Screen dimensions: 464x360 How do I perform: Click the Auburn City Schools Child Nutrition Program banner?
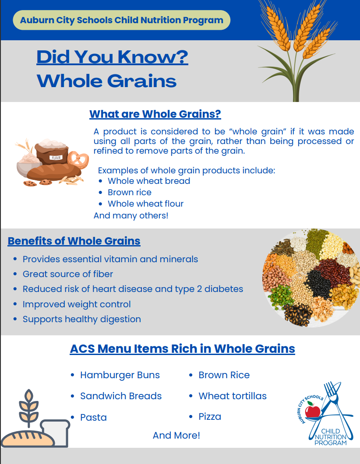tap(121, 20)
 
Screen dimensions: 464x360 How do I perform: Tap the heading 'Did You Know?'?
tap(112, 57)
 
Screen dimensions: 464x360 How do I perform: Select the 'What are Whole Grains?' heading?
tap(155, 114)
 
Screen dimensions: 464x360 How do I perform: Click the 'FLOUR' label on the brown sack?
tap(56, 158)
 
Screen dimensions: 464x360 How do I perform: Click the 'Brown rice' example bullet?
tap(130, 192)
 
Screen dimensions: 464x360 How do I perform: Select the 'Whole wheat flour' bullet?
tap(145, 204)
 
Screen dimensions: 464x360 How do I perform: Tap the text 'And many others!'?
tap(131, 215)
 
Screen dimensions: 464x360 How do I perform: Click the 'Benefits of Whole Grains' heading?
tap(74, 241)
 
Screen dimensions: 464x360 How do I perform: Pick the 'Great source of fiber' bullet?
tap(68, 274)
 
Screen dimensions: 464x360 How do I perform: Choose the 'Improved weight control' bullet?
tap(77, 304)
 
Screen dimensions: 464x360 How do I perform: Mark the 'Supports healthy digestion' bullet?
tap(82, 319)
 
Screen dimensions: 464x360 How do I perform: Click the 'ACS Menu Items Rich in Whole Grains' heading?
tap(182, 349)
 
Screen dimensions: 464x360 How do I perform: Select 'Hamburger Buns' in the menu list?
tap(120, 375)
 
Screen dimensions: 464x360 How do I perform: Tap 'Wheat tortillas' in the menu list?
tap(233, 396)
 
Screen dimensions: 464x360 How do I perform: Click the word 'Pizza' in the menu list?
tap(210, 417)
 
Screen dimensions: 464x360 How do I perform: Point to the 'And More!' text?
tap(176, 436)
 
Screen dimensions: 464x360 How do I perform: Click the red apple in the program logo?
tap(312, 411)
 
